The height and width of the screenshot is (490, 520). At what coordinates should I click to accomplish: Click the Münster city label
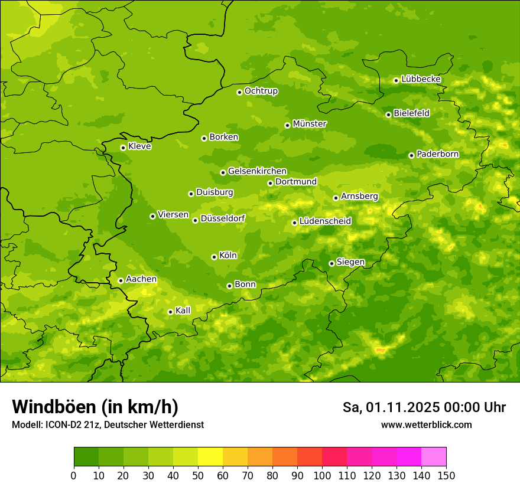310,124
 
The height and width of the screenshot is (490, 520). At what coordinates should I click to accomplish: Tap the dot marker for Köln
214,257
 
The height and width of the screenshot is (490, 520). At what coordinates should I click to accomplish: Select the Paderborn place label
437,154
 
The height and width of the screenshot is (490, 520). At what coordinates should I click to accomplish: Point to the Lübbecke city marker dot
396,80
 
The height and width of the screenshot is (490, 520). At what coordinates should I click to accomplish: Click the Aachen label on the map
141,279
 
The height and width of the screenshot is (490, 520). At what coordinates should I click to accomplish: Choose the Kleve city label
139,146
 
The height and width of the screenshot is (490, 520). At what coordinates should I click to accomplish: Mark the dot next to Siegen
331,263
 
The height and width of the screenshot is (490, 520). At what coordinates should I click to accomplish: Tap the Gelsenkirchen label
257,171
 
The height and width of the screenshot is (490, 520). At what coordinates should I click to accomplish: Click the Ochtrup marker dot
239,92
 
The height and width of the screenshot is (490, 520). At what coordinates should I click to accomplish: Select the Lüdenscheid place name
325,221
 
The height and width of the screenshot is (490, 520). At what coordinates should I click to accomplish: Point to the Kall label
183,311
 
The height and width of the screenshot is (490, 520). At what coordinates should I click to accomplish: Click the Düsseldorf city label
223,218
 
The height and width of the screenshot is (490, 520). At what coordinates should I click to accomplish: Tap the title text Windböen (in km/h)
95,407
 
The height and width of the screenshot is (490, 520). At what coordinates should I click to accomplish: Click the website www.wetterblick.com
426,424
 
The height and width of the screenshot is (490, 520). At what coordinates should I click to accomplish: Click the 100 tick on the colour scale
322,475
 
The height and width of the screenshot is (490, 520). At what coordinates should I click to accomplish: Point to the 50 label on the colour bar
198,475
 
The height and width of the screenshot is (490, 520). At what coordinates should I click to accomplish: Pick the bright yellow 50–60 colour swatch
210,457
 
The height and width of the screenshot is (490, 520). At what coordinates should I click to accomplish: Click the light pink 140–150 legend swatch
434,457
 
